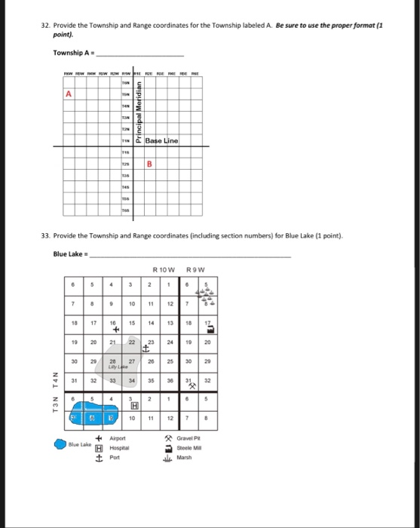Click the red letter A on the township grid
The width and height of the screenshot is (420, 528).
[69, 94]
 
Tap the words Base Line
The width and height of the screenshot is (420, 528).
[161, 141]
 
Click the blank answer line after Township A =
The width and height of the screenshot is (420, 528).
[140, 54]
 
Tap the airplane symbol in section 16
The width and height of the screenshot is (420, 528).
[115, 329]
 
